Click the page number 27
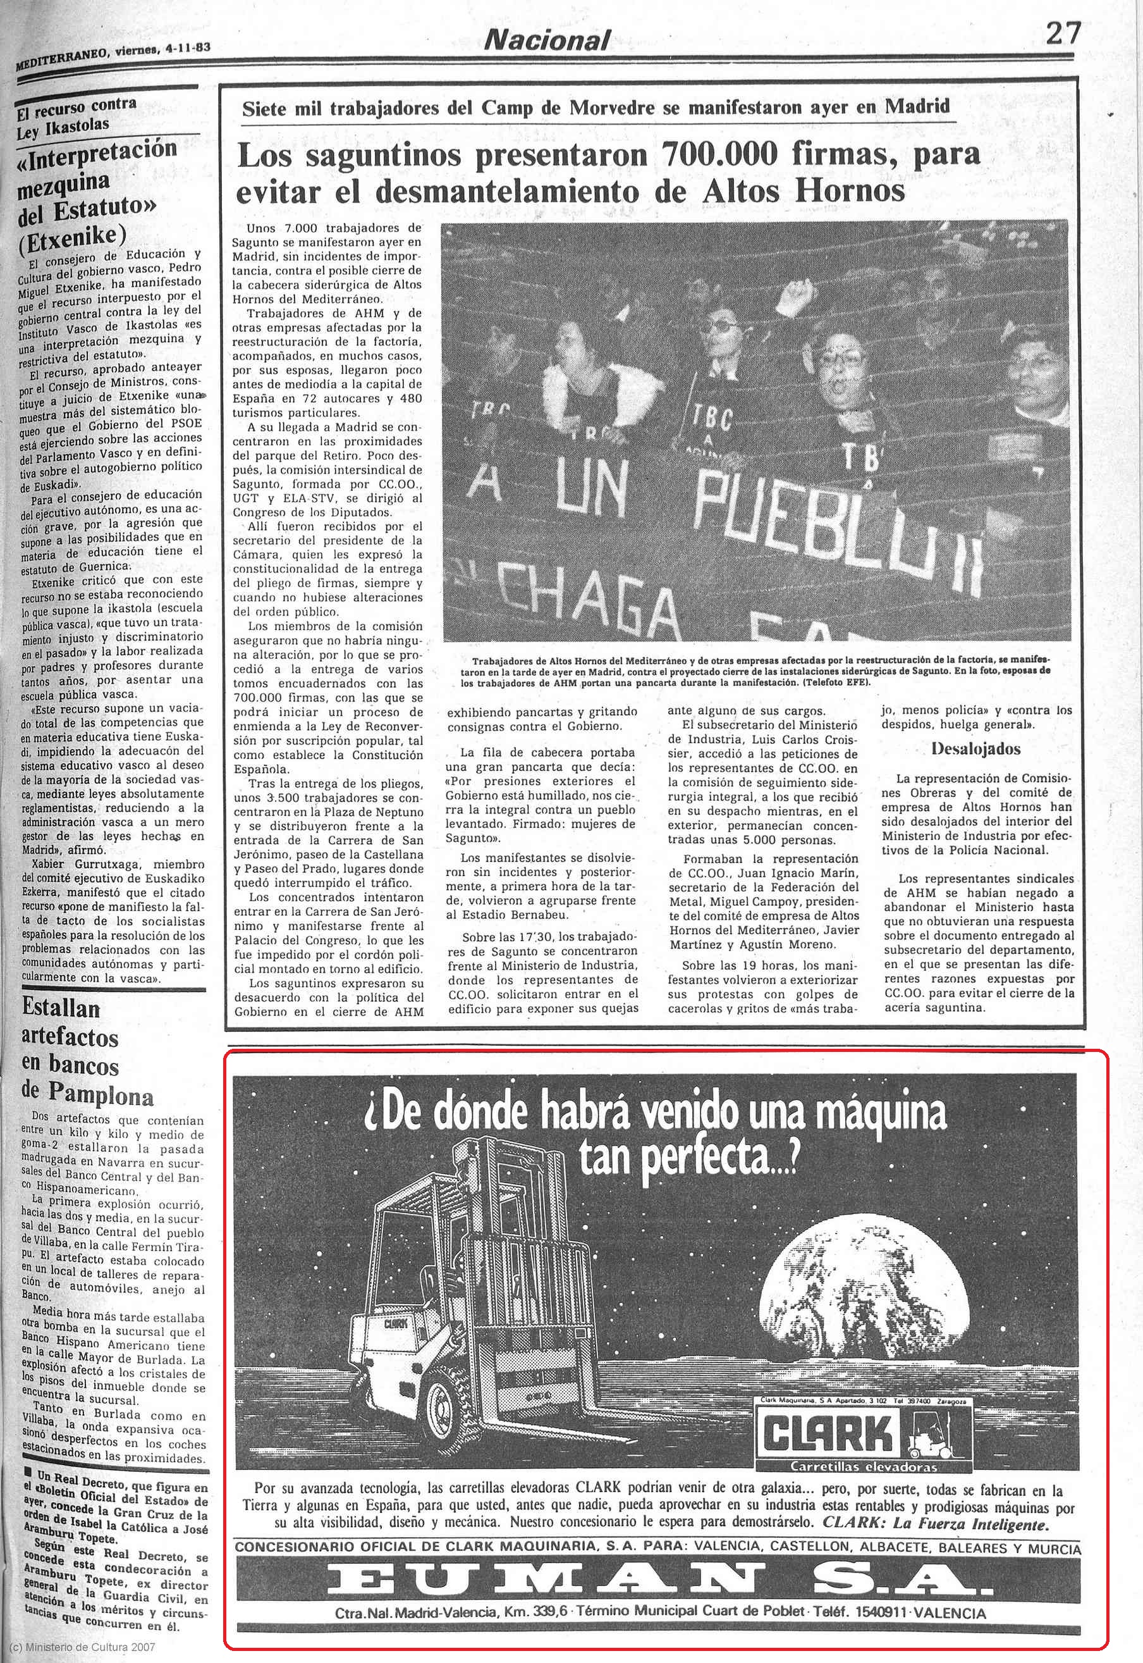1062,33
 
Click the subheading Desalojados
975,750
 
